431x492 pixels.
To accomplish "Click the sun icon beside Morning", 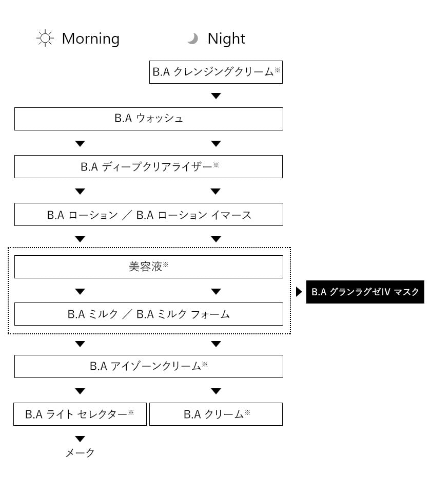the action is pos(45,39).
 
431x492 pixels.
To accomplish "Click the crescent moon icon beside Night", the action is pos(193,39).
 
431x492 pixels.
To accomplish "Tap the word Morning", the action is pos(91,39).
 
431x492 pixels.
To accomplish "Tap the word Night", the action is pos(226,39).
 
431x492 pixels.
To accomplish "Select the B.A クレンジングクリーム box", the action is pos(216,72).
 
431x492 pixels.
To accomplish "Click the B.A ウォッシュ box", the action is pos(149,119).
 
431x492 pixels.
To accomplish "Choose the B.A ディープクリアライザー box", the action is pos(149,166).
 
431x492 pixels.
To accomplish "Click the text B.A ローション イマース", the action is pos(194,215).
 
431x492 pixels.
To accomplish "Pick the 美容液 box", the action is pos(149,267).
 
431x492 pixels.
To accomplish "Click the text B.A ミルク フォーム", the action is pos(183,314).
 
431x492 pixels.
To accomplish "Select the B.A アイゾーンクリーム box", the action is pos(149,366).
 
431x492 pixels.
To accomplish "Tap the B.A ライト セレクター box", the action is pos(80,414).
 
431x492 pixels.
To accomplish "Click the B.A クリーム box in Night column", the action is pos(216,414).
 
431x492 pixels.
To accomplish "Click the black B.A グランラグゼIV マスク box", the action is pos(365,292).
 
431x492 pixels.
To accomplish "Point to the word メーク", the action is pos(80,452).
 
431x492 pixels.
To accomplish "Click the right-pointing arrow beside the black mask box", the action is pos(299,292).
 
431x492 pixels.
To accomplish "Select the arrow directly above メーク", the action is pos(80,439).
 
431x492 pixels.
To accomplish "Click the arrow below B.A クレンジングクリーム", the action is pos(216,96).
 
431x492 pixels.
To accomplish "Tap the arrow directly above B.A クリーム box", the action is pos(216,391).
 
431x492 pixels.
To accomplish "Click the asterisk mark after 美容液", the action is pos(166,264).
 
